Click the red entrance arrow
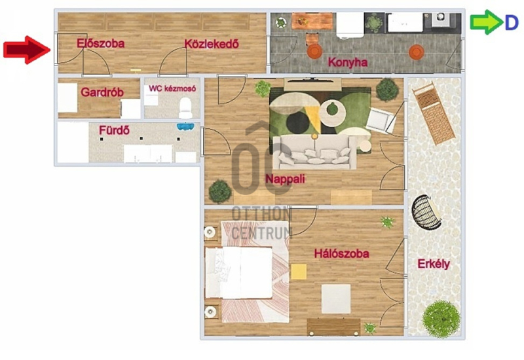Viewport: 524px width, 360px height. click(27, 50)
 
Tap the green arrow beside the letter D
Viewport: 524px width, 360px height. click(486, 22)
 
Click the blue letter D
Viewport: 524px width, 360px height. click(512, 23)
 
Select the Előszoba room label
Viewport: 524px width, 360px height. click(100, 43)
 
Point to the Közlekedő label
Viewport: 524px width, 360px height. click(212, 44)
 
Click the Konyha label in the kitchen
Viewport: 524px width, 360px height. click(348, 62)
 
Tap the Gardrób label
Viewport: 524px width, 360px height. click(102, 92)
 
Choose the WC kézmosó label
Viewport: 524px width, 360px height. click(172, 88)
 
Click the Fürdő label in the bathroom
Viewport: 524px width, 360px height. click(114, 130)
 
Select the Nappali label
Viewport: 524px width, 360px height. click(285, 179)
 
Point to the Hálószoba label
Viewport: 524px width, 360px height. click(341, 253)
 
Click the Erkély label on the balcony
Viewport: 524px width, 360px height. click(434, 264)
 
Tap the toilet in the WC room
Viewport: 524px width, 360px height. click(185, 107)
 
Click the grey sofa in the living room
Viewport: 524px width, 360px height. click(314, 153)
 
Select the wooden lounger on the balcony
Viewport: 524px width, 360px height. click(434, 113)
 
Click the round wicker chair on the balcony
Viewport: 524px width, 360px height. click(426, 212)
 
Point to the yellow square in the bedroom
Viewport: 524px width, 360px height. click(299, 272)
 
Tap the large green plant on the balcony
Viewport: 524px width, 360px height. click(441, 319)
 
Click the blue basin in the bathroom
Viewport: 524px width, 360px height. click(185, 127)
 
